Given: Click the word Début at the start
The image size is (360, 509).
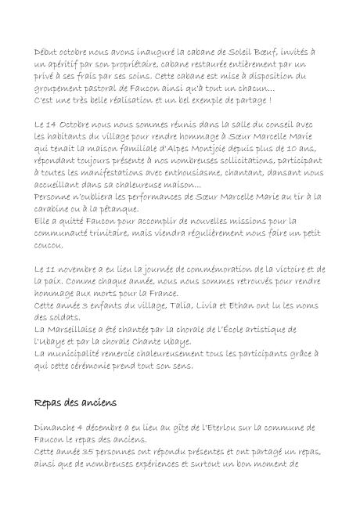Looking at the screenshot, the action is pyautogui.click(x=47, y=49).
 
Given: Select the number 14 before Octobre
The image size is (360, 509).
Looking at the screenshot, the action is pyautogui.click(x=55, y=124).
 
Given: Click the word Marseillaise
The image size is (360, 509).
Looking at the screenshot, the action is pyautogui.click(x=77, y=320).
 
